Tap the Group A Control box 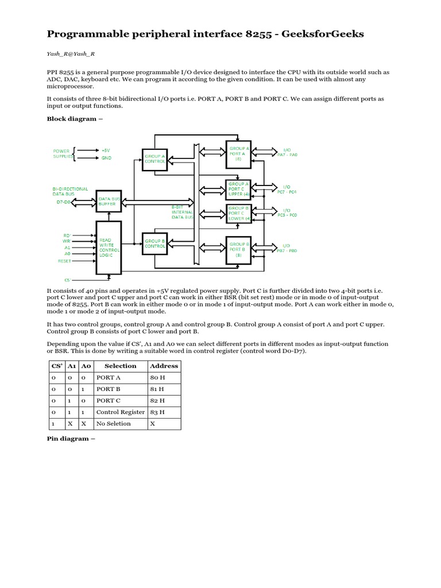tap(154, 158)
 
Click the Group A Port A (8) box tap(239, 153)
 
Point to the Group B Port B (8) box tap(239, 247)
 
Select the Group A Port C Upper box tap(239, 189)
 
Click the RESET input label tap(64, 261)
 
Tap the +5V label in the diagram tap(106, 149)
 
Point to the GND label tap(106, 157)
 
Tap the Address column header tap(164, 366)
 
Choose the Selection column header tap(120, 366)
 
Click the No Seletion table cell tap(113, 424)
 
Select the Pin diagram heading tap(71, 438)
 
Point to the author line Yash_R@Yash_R tap(71, 53)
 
